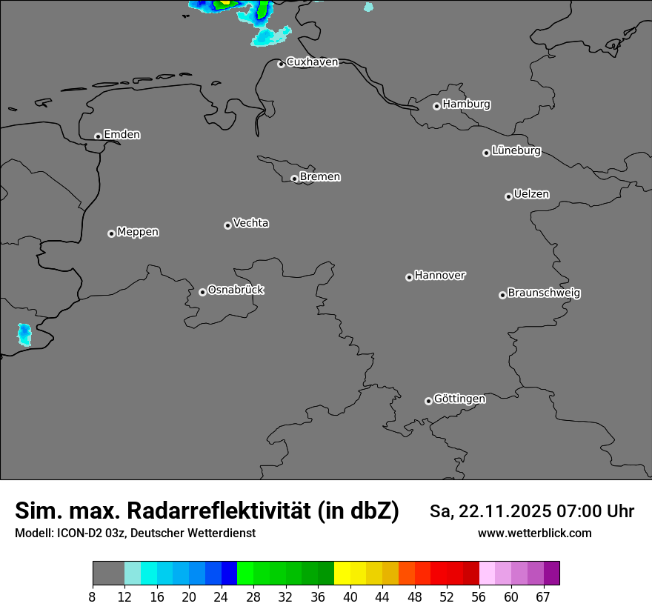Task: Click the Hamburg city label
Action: click(466, 104)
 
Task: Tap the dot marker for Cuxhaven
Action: click(281, 64)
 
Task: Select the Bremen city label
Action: click(320, 177)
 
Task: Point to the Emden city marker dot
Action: click(98, 136)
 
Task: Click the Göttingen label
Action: click(459, 399)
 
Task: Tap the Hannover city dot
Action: click(409, 277)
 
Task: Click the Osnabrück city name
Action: click(236, 290)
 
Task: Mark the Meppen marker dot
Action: click(111, 233)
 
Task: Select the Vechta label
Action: click(250, 223)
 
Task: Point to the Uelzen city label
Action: click(531, 194)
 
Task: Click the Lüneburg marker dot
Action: click(486, 153)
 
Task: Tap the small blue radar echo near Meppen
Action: click(24, 334)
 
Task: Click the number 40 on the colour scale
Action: click(350, 596)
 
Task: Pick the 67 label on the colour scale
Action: click(543, 596)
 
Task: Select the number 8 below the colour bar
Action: click(93, 596)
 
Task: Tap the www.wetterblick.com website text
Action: click(534, 533)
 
